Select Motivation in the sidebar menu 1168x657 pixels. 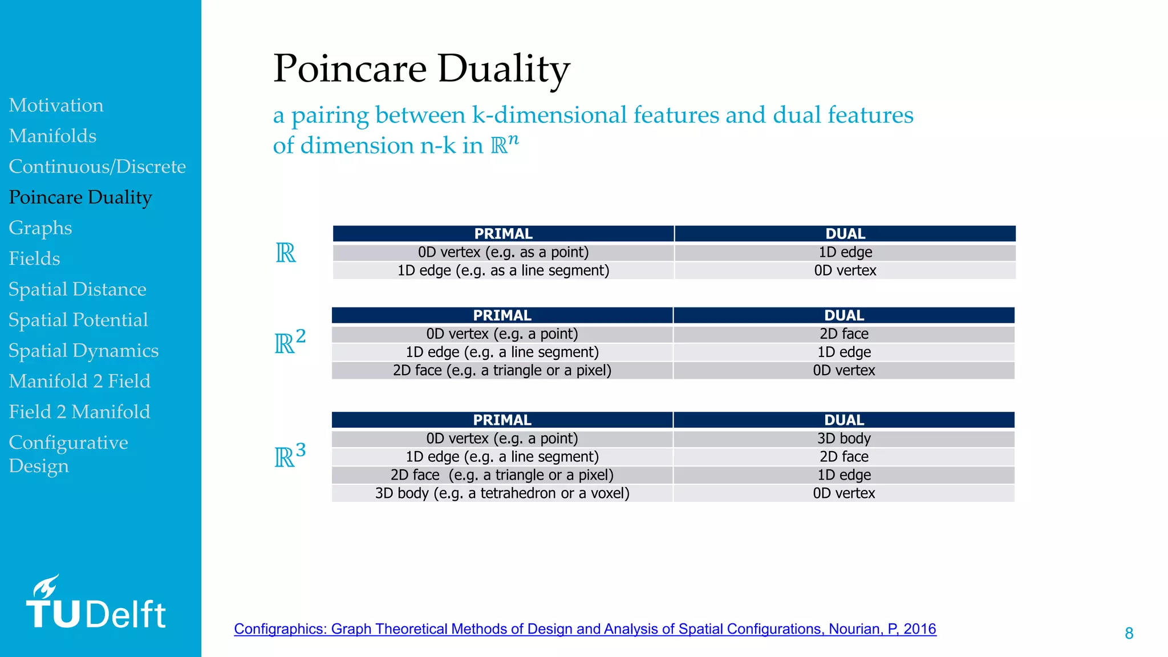[x=56, y=106]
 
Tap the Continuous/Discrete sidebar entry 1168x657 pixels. [x=97, y=167]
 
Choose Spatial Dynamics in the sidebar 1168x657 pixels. [x=83, y=351]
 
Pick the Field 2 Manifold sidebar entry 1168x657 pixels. [x=79, y=412]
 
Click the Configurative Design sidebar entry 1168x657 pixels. [x=68, y=454]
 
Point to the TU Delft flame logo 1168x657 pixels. [x=46, y=587]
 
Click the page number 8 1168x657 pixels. [x=1129, y=633]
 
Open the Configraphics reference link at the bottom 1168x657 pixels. [x=585, y=629]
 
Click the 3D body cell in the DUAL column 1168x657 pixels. [x=843, y=439]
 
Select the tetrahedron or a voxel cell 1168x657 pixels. [x=502, y=493]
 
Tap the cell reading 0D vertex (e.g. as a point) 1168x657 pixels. [x=503, y=252]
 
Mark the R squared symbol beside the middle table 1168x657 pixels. [x=290, y=343]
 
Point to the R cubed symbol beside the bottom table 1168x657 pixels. [x=290, y=456]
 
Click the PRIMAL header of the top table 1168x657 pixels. [x=503, y=234]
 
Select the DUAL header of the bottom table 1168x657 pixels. [x=843, y=420]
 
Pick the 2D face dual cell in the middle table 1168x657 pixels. [x=843, y=334]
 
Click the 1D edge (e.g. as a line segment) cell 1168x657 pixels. [x=503, y=270]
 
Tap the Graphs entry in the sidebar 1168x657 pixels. [x=40, y=228]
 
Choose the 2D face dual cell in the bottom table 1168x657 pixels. [x=843, y=457]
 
